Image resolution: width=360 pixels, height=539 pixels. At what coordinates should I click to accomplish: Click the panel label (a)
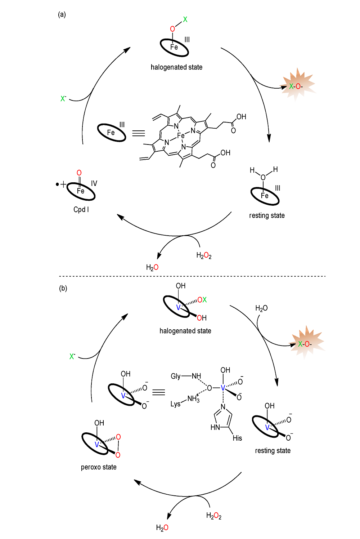pyautogui.click(x=62, y=14)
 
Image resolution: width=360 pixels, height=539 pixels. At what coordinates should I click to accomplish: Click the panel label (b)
pyautogui.click(x=63, y=288)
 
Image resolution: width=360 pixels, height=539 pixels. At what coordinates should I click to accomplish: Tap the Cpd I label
pyautogui.click(x=81, y=209)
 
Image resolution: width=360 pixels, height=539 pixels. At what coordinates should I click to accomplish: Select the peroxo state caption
pyautogui.click(x=99, y=467)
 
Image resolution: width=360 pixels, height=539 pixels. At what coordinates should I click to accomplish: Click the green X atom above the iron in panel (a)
pyautogui.click(x=185, y=19)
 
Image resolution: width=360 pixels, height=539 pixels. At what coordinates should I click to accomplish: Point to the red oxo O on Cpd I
pyautogui.click(x=79, y=173)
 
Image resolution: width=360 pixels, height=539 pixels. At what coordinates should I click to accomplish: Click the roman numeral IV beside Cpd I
pyautogui.click(x=94, y=183)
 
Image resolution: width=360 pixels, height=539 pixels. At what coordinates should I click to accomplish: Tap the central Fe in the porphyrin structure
pyautogui.click(x=181, y=135)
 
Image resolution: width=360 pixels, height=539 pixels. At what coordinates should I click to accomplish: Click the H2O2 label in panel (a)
pyautogui.click(x=204, y=255)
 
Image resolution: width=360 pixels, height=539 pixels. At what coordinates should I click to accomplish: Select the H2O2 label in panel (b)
pyautogui.click(x=214, y=516)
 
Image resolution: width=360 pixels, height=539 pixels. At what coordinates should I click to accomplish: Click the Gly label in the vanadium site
pyautogui.click(x=175, y=376)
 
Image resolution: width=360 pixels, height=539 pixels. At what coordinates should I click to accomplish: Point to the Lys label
pyautogui.click(x=175, y=404)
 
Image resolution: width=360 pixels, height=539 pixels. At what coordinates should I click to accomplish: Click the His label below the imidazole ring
pyautogui.click(x=237, y=438)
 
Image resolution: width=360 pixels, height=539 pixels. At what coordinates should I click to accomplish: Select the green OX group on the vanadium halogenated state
pyautogui.click(x=202, y=300)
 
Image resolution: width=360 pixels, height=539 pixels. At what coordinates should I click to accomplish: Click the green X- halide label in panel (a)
pyautogui.click(x=63, y=99)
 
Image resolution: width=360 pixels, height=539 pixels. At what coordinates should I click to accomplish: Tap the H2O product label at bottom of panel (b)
pyautogui.click(x=162, y=528)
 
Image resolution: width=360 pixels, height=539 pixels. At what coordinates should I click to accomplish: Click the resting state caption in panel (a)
pyautogui.click(x=267, y=215)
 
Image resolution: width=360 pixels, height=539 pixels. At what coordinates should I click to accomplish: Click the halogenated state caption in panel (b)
pyautogui.click(x=185, y=331)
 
